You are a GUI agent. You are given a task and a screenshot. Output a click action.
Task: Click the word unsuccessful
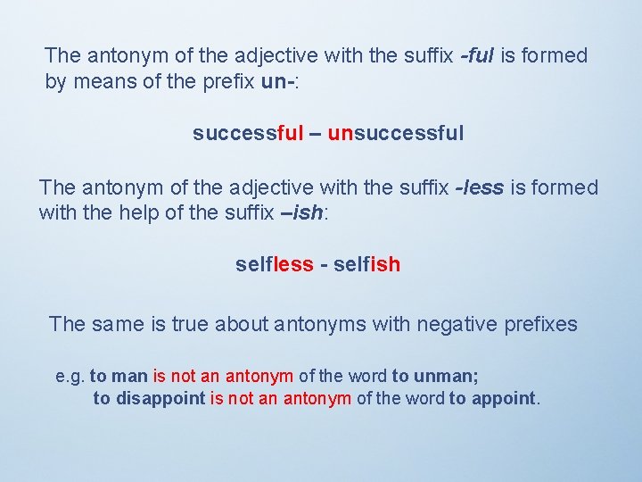coord(396,134)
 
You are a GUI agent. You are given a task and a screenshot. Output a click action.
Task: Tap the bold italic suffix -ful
coord(477,55)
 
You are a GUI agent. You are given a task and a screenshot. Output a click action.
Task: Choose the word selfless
coord(275,264)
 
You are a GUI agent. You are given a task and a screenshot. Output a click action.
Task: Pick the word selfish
coord(366,264)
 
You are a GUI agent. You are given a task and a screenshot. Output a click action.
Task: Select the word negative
coord(454,324)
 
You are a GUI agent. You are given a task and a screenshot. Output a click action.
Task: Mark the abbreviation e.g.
coord(70,378)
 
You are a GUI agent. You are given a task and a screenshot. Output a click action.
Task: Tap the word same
coord(119,324)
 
